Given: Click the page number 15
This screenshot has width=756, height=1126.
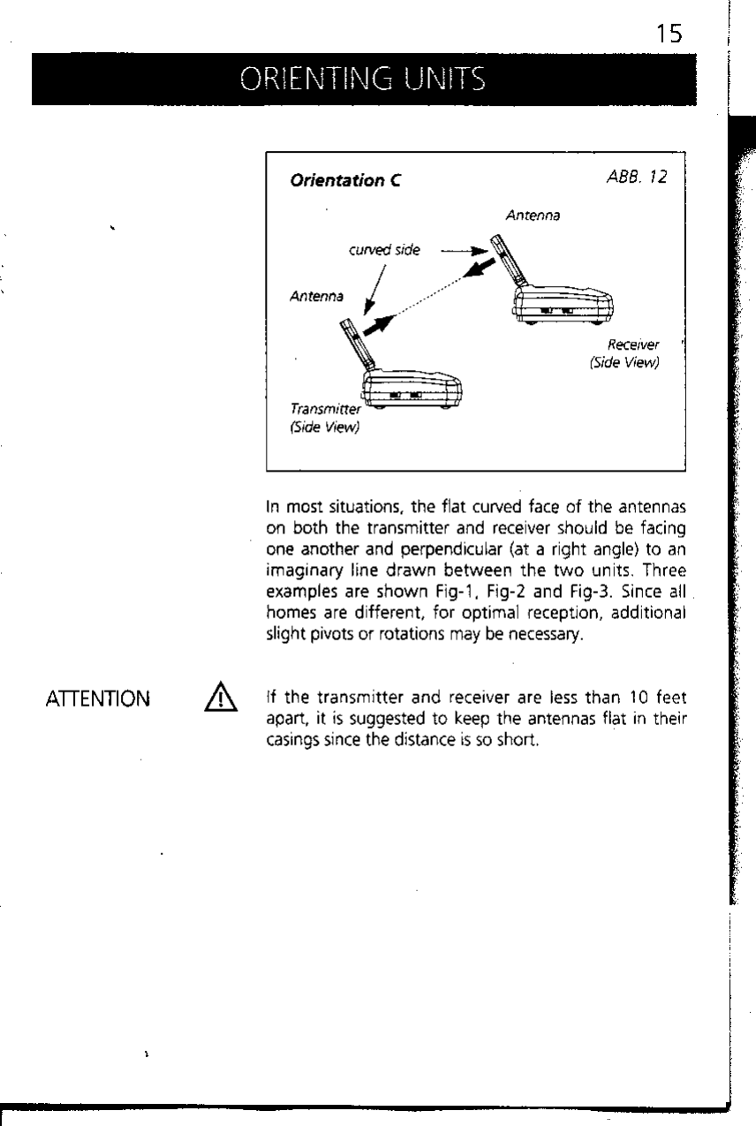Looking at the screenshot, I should point(668,34).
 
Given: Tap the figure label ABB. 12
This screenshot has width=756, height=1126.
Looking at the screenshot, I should point(636,178).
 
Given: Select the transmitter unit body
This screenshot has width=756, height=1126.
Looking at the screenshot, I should point(412,389).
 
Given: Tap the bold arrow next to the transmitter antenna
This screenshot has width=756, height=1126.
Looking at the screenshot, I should point(375,325).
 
